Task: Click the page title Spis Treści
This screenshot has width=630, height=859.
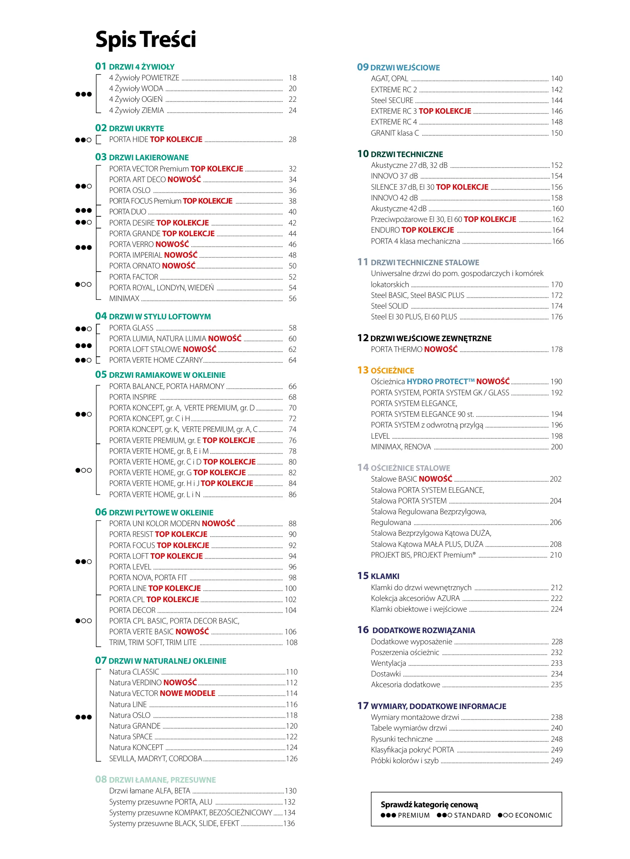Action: (146, 39)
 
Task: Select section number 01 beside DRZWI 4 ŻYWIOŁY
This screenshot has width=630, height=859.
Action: (101, 66)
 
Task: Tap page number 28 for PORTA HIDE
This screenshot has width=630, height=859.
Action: (293, 140)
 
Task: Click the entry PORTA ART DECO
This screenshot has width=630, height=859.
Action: (138, 180)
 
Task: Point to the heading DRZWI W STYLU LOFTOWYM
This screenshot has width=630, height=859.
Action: (160, 317)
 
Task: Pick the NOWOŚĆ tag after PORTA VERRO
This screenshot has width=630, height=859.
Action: (172, 244)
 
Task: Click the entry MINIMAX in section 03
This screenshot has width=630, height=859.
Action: (125, 299)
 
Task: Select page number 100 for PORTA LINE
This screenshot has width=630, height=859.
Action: (291, 589)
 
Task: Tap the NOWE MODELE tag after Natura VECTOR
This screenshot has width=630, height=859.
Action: (187, 694)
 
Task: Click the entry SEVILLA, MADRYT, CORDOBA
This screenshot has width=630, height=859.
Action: (156, 759)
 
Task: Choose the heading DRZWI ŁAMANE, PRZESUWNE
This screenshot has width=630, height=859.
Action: (162, 780)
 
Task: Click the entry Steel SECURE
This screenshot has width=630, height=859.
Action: (392, 101)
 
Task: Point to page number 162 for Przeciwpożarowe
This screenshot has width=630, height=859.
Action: (558, 220)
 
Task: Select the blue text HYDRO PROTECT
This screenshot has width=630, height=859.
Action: (441, 382)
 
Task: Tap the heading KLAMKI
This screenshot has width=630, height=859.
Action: (385, 576)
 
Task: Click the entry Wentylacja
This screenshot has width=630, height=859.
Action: (388, 663)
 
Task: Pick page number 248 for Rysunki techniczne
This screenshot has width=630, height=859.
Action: (556, 739)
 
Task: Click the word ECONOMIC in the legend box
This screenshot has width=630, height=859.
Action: (533, 815)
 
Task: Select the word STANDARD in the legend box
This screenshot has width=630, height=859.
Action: (472, 815)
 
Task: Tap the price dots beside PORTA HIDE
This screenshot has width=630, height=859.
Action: (83, 140)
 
